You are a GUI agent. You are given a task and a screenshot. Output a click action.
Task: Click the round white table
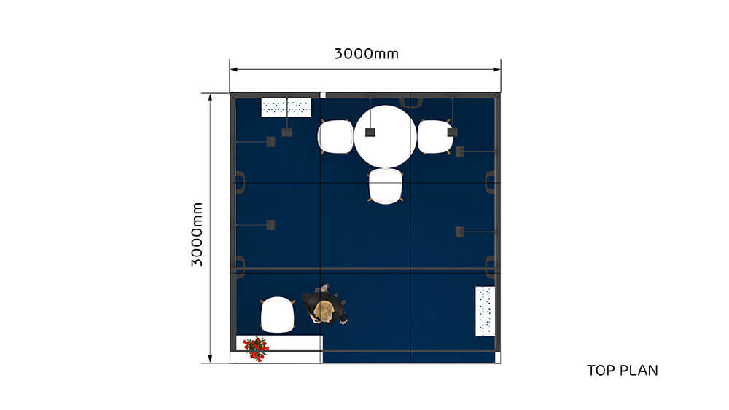click(x=385, y=135)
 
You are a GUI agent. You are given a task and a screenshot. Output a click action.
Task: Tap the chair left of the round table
click(x=336, y=137)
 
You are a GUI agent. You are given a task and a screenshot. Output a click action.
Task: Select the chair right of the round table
click(x=435, y=136)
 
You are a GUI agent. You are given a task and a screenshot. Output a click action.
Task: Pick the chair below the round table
click(x=386, y=186)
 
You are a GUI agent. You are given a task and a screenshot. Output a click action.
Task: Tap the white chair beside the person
click(x=277, y=315)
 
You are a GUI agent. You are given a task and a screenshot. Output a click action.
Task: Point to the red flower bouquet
click(x=256, y=347)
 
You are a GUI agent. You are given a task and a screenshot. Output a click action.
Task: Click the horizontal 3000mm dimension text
click(x=366, y=54)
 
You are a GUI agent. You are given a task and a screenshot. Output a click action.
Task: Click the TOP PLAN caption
click(x=622, y=371)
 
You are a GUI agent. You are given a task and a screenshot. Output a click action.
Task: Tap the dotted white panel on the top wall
click(x=286, y=108)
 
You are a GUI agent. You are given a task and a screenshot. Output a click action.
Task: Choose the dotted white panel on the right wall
click(x=485, y=311)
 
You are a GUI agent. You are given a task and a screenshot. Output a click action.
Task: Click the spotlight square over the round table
click(x=370, y=132)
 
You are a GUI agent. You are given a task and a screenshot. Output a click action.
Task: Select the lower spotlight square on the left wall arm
click(x=270, y=225)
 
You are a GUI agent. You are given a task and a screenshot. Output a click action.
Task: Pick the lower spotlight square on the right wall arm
click(x=460, y=232)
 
